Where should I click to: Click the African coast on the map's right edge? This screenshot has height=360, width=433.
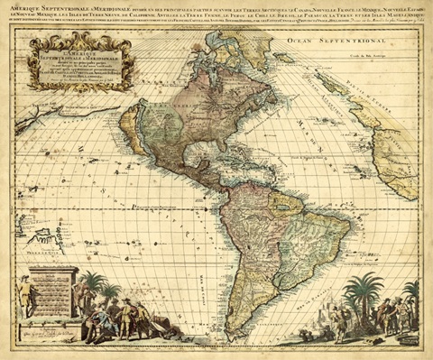click(397, 162)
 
